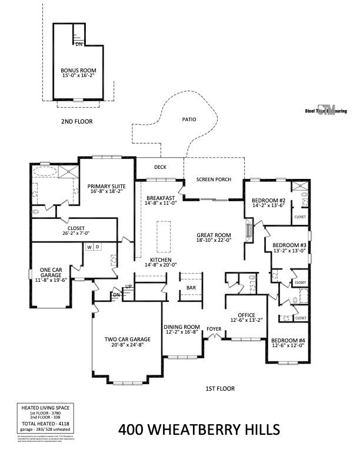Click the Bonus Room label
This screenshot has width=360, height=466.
point(78,70)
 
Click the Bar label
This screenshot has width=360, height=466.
point(191,288)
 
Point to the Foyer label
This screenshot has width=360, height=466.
point(214,329)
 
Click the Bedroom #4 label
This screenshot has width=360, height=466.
point(288,341)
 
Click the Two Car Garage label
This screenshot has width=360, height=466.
point(128,339)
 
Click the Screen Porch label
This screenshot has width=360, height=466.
point(214,179)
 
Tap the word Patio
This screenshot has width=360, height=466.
point(188,119)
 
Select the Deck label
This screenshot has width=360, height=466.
point(160,167)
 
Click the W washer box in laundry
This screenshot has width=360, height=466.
point(89,247)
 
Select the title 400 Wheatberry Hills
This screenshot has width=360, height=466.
point(199,430)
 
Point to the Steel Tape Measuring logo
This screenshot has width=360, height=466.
point(325,110)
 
